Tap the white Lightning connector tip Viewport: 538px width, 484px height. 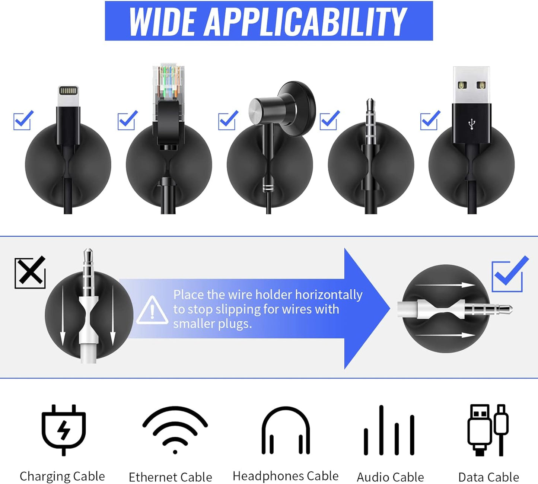click(x=68, y=96)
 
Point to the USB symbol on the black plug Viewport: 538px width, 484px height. click(x=472, y=124)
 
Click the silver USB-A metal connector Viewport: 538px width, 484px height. click(x=471, y=85)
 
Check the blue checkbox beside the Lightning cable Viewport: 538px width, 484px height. click(x=23, y=120)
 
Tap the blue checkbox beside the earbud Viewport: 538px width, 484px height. click(x=228, y=120)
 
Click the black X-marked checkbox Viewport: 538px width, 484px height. click(x=30, y=272)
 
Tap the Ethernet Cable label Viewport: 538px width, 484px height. click(x=170, y=477)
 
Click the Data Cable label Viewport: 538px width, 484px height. click(x=488, y=477)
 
